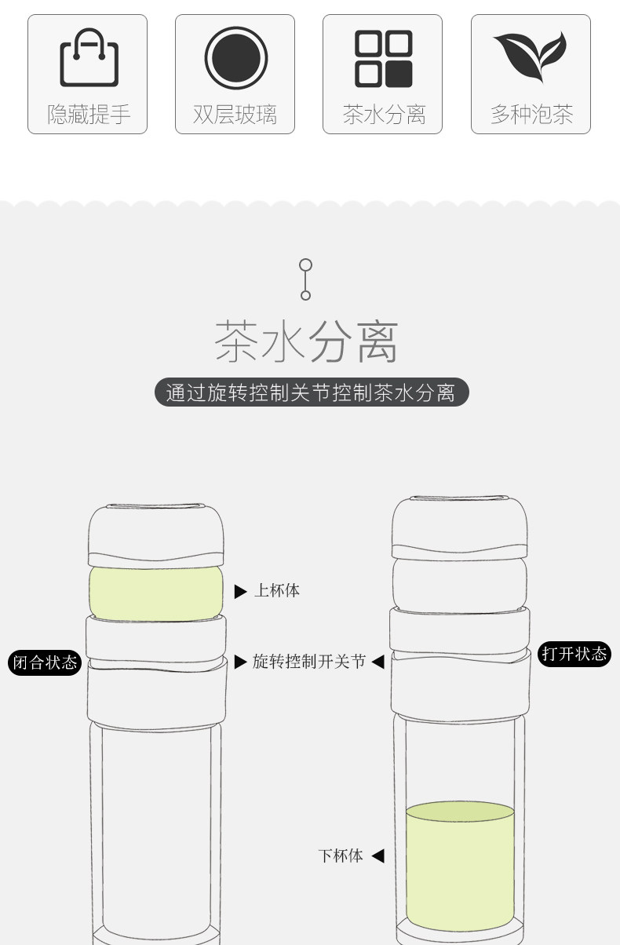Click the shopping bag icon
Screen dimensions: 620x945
pos(89,58)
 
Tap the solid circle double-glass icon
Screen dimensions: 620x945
pos(235,58)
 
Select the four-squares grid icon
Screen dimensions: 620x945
pos(383,58)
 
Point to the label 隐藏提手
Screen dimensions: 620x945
pos(89,115)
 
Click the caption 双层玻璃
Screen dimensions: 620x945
pos(235,115)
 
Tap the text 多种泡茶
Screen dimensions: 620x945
pos(531,115)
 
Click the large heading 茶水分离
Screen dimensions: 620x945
pos(307,342)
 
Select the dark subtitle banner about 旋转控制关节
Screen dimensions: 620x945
pos(311,392)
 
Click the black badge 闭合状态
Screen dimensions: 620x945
pos(45,662)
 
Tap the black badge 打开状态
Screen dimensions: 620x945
pos(574,654)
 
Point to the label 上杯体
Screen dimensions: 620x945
pos(277,590)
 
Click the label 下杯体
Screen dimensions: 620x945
pos(341,856)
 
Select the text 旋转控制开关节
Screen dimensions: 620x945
pos(309,662)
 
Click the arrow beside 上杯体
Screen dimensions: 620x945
pos(240,591)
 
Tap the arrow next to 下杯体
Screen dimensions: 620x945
pos(377,856)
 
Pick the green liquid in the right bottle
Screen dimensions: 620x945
pos(460,867)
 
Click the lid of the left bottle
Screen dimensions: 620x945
pos(155,534)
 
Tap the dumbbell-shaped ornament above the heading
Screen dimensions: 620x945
pos(306,279)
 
